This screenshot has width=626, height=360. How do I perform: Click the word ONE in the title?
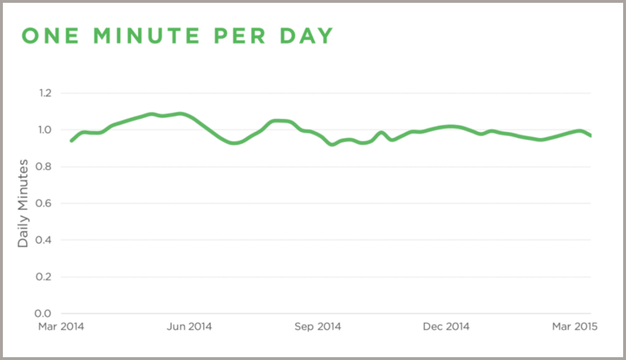(x=51, y=36)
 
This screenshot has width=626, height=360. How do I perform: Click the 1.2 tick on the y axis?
(x=45, y=93)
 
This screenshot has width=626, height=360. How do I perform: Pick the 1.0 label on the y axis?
(x=45, y=130)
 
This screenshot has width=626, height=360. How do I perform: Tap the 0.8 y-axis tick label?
(x=45, y=167)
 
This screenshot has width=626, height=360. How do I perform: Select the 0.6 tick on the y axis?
(x=45, y=203)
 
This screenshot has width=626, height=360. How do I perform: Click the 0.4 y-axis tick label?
(x=45, y=240)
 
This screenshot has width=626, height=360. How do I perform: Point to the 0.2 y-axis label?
(x=45, y=277)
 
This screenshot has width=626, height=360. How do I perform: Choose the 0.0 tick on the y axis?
(x=45, y=313)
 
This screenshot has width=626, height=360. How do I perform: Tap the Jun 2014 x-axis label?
(x=189, y=327)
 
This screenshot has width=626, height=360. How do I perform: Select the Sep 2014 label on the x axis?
(x=318, y=327)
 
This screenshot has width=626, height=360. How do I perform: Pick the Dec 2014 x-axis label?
(x=446, y=327)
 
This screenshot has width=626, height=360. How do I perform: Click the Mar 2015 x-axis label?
(x=574, y=327)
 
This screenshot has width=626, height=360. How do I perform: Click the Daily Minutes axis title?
(x=24, y=203)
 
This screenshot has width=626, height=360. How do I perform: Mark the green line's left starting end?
(x=71, y=140)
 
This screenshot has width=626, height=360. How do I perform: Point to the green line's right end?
(x=590, y=135)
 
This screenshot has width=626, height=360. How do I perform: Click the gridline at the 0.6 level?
(x=322, y=203)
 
